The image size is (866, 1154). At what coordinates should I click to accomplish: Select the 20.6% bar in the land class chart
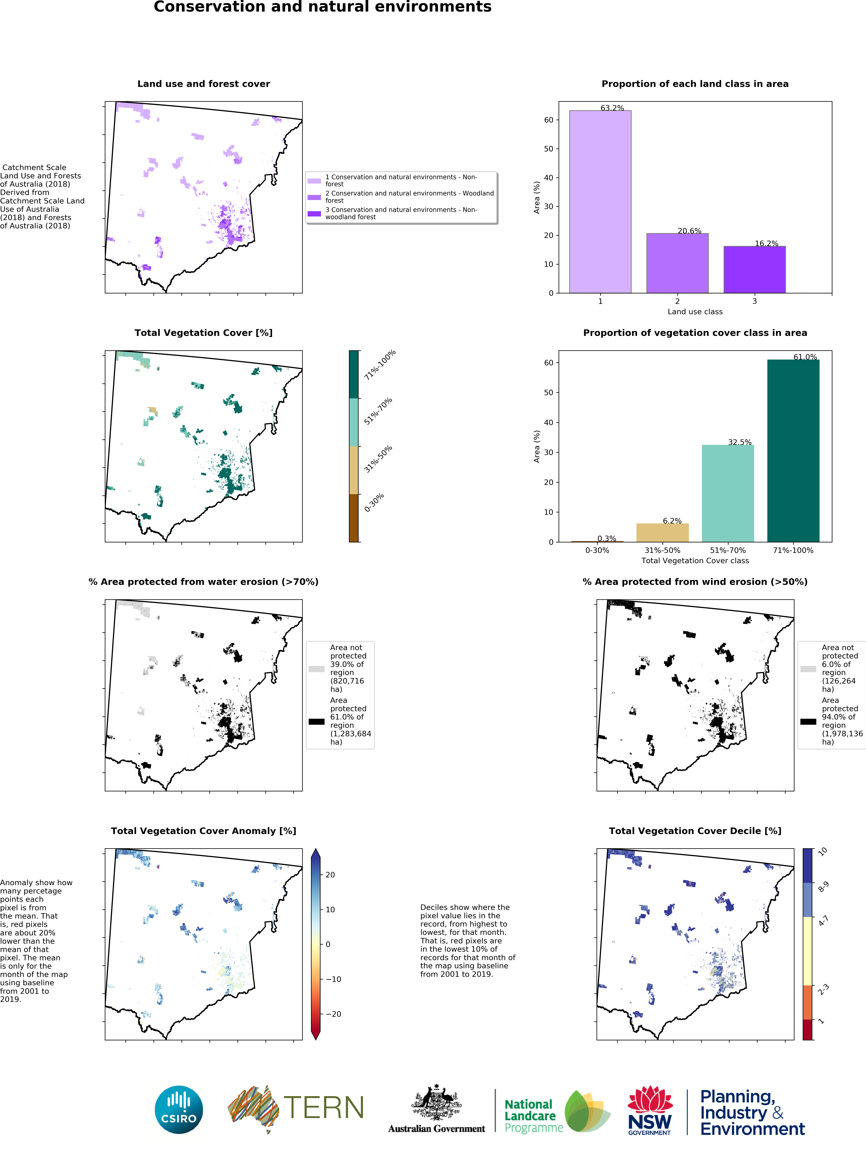tap(677, 263)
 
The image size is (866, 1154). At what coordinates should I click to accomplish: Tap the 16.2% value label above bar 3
tap(766, 244)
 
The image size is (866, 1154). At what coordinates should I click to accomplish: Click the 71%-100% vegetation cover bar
tap(793, 451)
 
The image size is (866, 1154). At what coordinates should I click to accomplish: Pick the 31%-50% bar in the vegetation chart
tap(663, 533)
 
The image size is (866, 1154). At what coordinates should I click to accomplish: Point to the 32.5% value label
tap(740, 442)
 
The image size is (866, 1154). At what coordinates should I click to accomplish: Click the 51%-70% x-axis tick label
tap(728, 550)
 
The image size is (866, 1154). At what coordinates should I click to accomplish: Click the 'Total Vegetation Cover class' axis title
tap(695, 561)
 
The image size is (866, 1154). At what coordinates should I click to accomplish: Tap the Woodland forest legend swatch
tap(314, 197)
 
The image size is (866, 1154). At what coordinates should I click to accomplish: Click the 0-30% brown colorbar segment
tap(354, 518)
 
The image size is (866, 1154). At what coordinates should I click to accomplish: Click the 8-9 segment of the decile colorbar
tap(808, 899)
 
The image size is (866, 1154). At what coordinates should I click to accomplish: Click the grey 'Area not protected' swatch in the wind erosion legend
tap(808, 669)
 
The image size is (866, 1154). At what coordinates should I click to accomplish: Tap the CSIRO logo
tap(179, 1110)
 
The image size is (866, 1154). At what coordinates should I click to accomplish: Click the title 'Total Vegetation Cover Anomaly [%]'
tap(203, 831)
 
